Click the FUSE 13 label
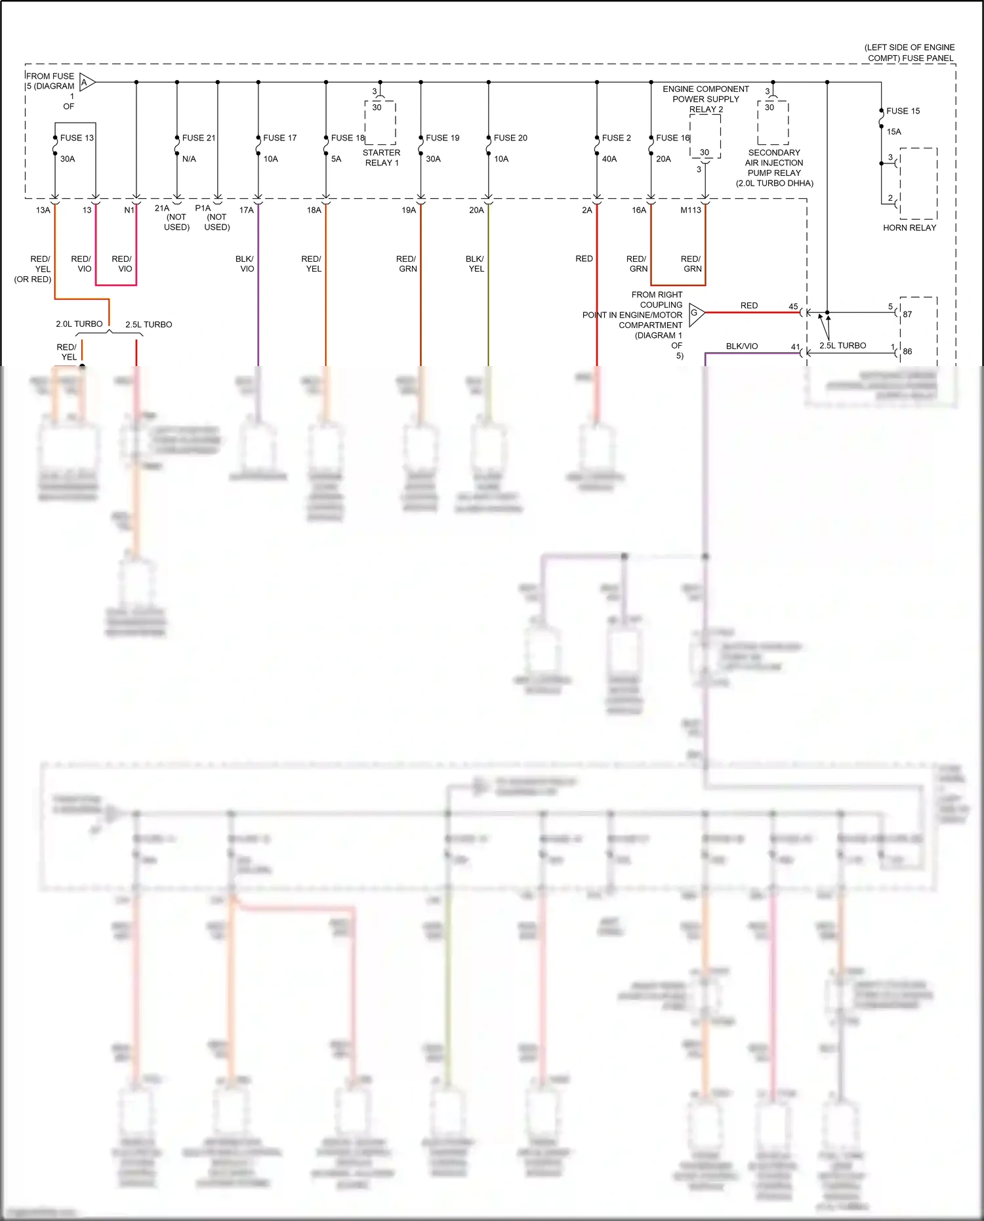click(x=77, y=138)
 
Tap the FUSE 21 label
click(x=199, y=138)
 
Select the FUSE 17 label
click(x=279, y=138)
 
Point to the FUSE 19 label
click(x=442, y=138)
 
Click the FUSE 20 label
click(x=510, y=138)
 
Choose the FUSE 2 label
click(x=616, y=138)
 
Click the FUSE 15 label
click(x=903, y=111)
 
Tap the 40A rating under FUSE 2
click(x=609, y=159)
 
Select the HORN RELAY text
click(x=909, y=228)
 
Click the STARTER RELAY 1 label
click(x=381, y=157)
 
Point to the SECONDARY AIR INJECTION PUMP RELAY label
click(x=774, y=168)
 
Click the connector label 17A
click(x=246, y=210)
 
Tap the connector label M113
click(x=690, y=210)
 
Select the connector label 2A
click(x=586, y=210)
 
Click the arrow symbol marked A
click(x=87, y=83)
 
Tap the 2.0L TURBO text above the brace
click(x=79, y=324)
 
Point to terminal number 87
click(x=907, y=314)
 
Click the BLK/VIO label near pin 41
click(x=741, y=346)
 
